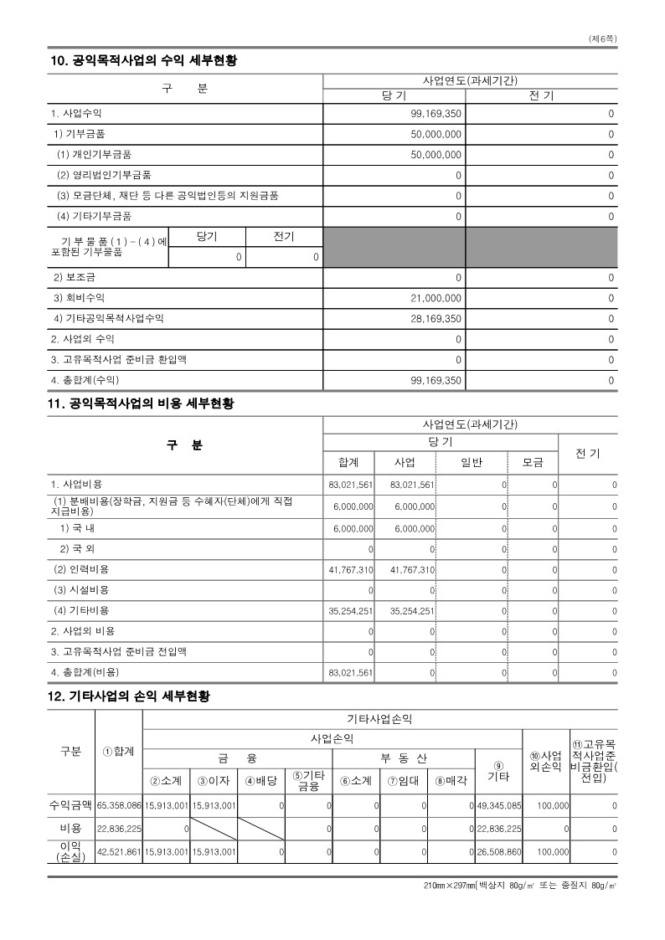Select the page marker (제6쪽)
click(603, 39)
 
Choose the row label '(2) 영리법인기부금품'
click(104, 175)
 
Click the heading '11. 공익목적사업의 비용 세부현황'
click(142, 403)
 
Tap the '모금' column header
click(533, 462)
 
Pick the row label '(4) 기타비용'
click(81, 610)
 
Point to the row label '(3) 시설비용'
click(81, 589)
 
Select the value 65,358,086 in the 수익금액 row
click(119, 805)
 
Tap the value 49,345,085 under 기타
click(498, 805)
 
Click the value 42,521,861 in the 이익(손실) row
click(119, 851)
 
